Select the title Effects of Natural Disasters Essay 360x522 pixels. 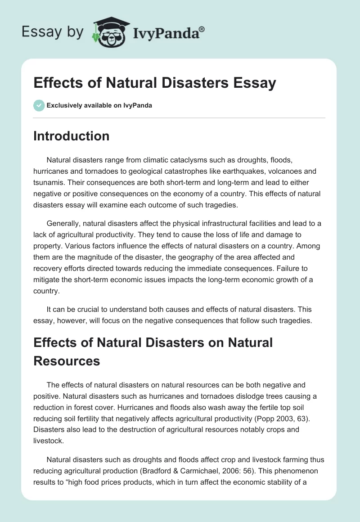[154, 83]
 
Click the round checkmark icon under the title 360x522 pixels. [39, 105]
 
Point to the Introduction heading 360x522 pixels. [71, 136]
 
